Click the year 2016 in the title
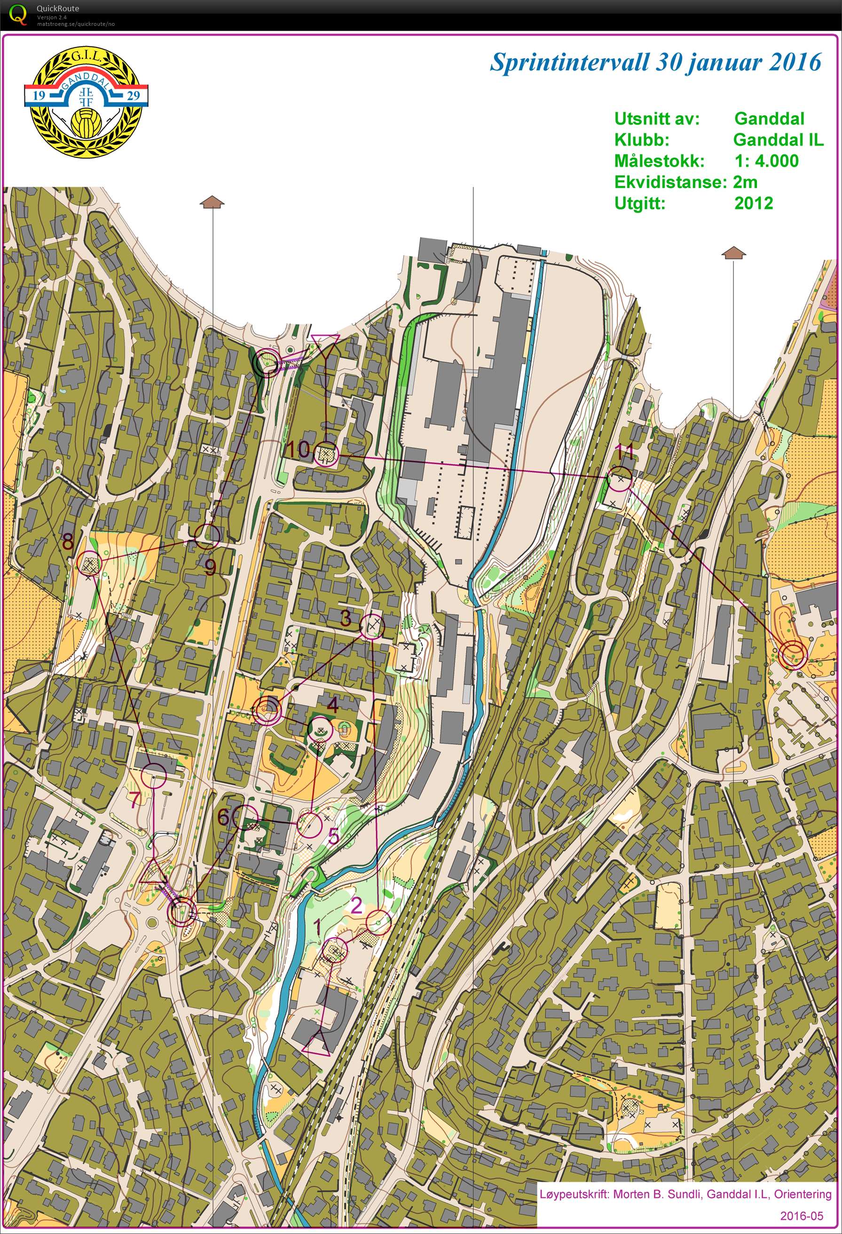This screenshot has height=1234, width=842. point(791,62)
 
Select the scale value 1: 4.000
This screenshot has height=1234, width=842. point(765,161)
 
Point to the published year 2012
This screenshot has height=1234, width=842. point(753,203)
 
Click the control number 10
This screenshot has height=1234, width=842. point(299,449)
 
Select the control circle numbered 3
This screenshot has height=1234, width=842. point(372,626)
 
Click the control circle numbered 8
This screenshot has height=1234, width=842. point(89,563)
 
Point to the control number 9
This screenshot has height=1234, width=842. point(210,568)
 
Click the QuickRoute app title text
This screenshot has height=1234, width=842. point(58,8)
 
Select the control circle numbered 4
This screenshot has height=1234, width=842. point(320,731)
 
